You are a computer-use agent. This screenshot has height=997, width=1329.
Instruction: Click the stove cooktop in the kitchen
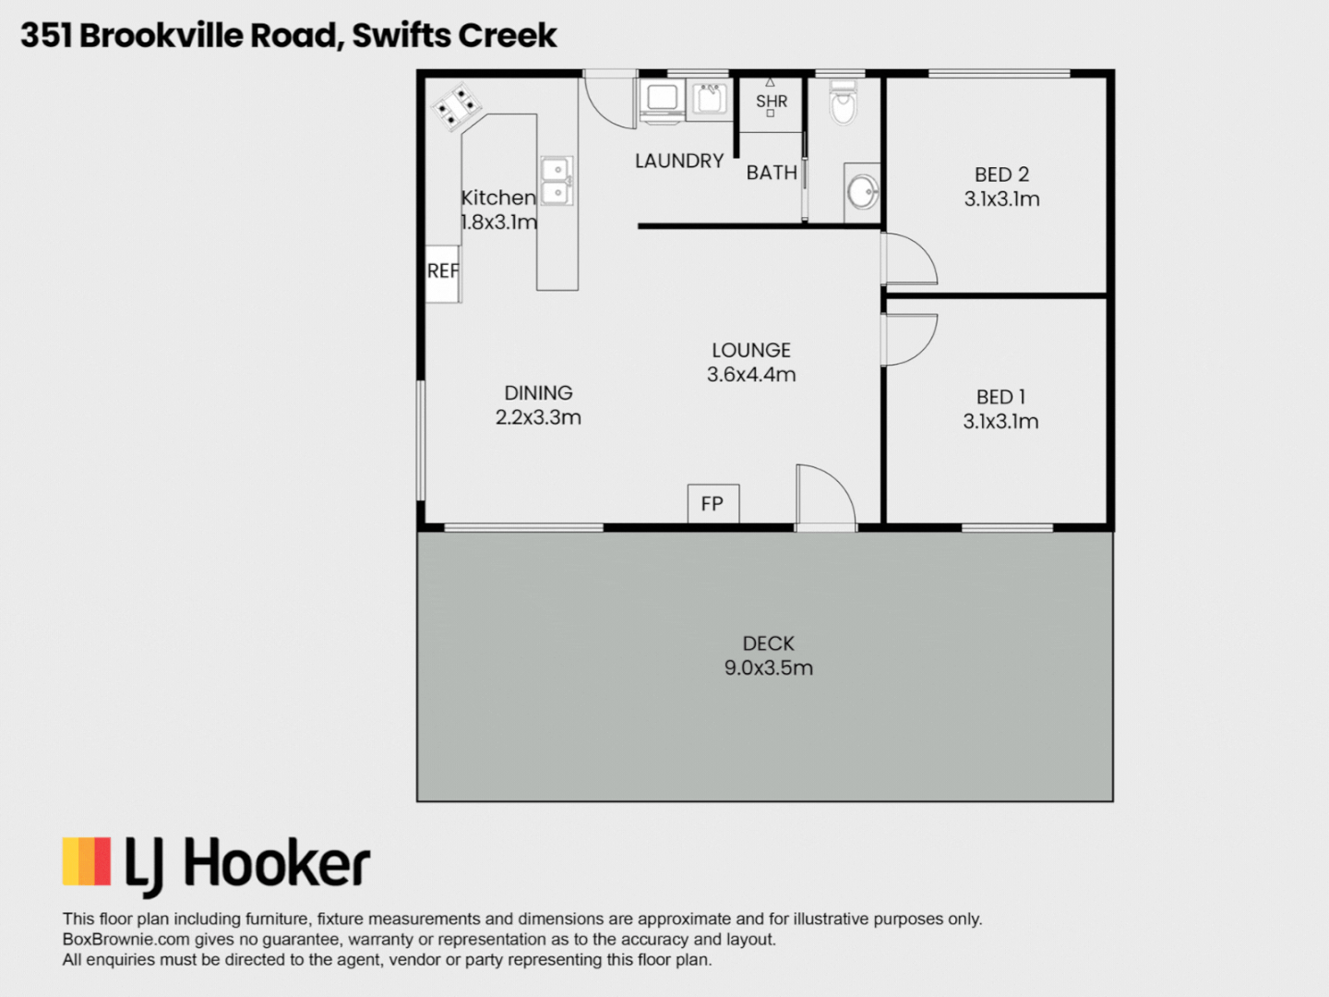coord(457,107)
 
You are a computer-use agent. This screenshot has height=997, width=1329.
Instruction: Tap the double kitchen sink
coord(557,180)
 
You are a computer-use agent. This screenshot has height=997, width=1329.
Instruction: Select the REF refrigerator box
coord(443,273)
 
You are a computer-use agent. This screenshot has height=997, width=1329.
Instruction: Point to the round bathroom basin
coord(862,192)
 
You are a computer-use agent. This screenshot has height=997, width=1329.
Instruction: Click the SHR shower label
coord(772,102)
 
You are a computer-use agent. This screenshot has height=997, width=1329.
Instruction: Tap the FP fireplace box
coord(713,504)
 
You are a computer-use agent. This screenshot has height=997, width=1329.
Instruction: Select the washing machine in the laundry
coord(663,100)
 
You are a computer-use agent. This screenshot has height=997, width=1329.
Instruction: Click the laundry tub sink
coord(709,99)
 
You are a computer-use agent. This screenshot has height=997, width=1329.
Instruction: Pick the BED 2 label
coord(1001,174)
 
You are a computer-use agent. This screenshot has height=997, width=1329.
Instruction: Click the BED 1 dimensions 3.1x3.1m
coord(1000,421)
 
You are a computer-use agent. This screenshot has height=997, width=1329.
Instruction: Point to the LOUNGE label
coord(750,350)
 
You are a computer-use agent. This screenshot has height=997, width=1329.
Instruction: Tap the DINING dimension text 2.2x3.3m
coord(538,417)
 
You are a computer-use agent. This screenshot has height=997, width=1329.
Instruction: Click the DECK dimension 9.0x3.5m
coord(769,667)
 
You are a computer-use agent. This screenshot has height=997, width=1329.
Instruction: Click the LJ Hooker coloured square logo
coord(87,860)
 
